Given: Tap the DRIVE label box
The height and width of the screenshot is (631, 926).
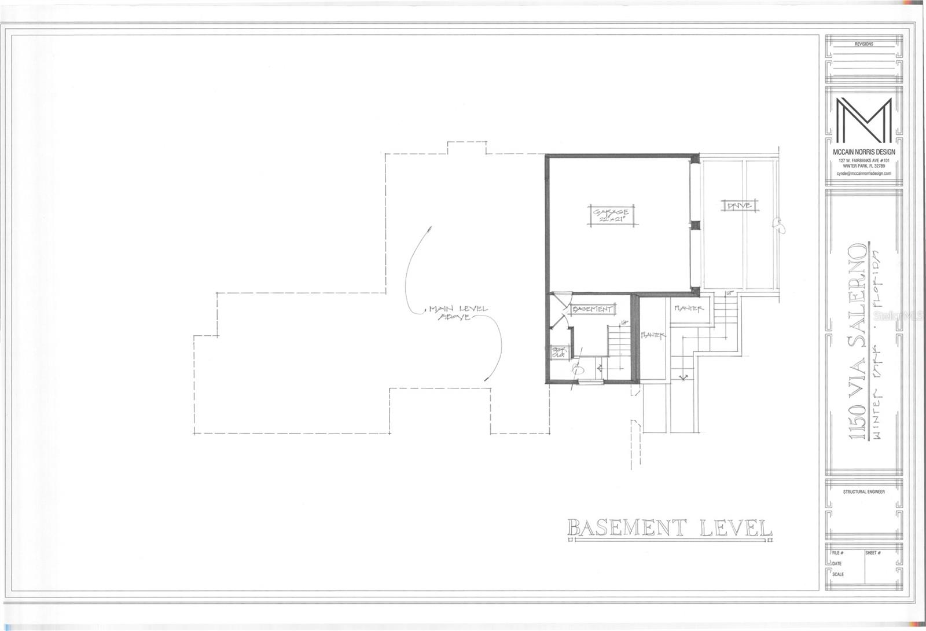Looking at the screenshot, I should tap(739, 206).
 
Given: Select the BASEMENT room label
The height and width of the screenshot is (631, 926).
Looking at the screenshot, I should tap(591, 310).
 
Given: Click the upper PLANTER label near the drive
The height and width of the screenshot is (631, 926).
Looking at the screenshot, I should tap(688, 309).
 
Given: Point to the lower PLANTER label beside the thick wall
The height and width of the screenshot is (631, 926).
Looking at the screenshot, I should tap(654, 335).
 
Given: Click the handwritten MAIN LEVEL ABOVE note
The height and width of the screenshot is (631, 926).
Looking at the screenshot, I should tap(457, 313).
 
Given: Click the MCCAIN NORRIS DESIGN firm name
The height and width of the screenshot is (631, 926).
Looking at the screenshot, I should tap(863, 152).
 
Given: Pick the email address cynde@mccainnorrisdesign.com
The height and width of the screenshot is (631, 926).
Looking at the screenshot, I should tap(863, 173).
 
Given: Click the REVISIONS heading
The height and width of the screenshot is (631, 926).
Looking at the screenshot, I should tap(863, 44).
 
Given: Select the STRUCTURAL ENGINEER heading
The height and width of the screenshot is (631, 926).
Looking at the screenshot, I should tap(863, 491).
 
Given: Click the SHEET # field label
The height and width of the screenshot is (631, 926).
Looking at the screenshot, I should tap(873, 553).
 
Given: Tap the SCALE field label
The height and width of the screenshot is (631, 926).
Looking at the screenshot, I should tap(837, 574).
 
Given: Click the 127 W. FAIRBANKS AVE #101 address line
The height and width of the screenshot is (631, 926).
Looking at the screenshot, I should tap(863, 160).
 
